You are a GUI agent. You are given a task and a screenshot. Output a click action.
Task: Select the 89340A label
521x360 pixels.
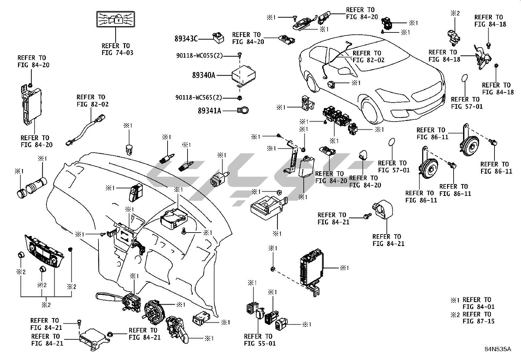[x=204, y=75]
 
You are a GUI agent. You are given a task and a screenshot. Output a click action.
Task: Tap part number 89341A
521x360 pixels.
[x=209, y=111]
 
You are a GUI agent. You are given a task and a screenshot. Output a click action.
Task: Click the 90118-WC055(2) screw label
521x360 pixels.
[x=199, y=56]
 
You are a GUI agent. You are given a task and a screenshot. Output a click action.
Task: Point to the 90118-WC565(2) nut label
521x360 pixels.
[x=199, y=98]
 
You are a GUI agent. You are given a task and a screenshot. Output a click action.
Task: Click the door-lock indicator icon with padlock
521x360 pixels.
[x=116, y=19]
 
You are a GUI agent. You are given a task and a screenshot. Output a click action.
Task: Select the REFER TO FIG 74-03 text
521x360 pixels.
[x=117, y=49]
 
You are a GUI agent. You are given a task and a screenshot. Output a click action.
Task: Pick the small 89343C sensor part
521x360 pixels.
[x=217, y=37]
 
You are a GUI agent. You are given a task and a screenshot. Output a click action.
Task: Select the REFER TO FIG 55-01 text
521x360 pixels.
[x=260, y=340]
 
